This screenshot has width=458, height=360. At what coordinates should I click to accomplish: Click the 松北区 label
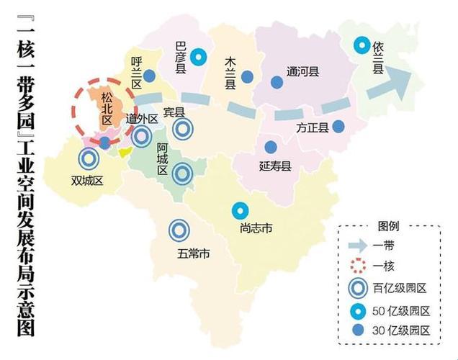pos(107,109)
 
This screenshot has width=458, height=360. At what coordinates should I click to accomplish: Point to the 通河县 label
pos(302,72)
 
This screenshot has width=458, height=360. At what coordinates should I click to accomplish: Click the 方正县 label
pos(312,128)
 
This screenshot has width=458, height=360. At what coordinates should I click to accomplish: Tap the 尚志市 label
pos(256,229)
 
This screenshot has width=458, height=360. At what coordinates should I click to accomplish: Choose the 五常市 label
pos(194,253)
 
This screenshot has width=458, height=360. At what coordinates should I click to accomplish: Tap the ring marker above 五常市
pos(179,230)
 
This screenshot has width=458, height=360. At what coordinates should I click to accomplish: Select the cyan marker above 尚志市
pos(239,211)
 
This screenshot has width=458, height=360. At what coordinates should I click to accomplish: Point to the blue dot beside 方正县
pos(338,127)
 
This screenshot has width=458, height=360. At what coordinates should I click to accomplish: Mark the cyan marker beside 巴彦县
pos(202,57)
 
